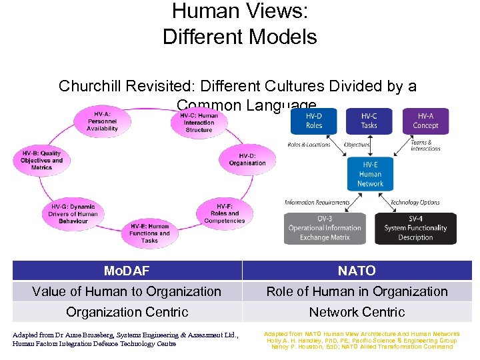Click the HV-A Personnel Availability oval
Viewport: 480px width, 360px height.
pos(102,121)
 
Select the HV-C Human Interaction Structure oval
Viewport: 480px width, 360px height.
pos(199,122)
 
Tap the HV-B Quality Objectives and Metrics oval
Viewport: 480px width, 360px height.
pos(41,160)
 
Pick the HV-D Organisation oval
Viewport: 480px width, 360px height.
pos(247,159)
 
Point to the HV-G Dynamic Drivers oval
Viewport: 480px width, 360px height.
pos(73,213)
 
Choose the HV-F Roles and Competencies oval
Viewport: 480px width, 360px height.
pos(224,213)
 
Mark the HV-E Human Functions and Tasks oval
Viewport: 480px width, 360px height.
pos(149,233)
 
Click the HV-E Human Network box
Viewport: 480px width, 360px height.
pos(370,174)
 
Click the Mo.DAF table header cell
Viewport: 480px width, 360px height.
pos(127,271)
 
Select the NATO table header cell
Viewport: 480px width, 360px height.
pos(357,271)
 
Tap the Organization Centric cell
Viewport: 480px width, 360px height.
pos(127,312)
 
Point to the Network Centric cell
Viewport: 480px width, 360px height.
pos(357,312)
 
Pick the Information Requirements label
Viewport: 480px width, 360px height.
pos(317,203)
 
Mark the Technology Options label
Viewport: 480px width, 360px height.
pos(415,203)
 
